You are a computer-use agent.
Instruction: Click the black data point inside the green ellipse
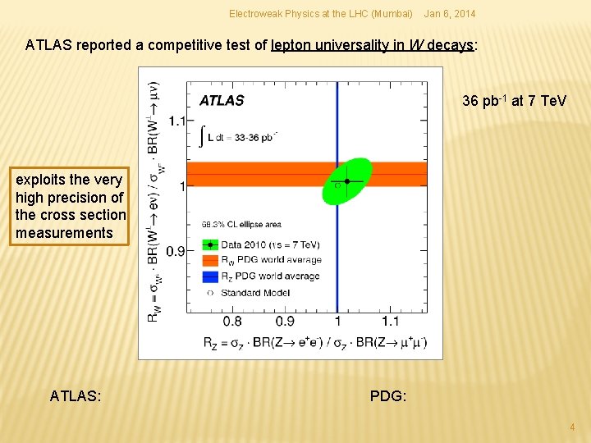point(347,180)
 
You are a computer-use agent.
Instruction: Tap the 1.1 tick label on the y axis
point(176,121)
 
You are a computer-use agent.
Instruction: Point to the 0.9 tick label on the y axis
point(176,251)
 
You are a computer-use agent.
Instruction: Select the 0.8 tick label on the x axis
point(232,321)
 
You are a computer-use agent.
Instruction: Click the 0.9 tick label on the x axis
point(285,321)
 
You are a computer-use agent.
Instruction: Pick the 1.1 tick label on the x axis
point(390,321)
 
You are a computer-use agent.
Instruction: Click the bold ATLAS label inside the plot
point(222,101)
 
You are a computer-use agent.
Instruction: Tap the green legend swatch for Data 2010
point(212,244)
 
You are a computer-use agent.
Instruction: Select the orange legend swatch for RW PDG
point(212,260)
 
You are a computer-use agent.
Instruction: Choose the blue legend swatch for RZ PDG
point(212,276)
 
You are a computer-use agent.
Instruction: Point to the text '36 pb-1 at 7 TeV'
point(514,101)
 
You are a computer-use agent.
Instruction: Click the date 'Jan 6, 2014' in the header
point(449,14)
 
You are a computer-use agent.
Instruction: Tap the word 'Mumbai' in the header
point(393,14)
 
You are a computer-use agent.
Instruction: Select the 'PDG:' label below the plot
point(387,396)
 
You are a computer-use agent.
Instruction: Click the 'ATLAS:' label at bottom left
point(76,396)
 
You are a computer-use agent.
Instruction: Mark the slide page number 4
point(572,427)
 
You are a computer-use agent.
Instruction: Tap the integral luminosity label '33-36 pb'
point(252,136)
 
